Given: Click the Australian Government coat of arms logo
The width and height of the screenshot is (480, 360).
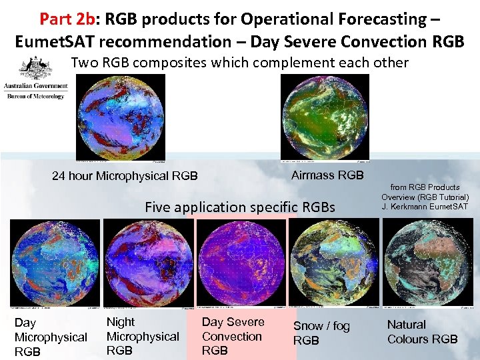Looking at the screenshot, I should tap(36, 69).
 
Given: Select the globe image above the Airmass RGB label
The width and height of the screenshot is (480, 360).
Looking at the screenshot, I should tap(325, 117).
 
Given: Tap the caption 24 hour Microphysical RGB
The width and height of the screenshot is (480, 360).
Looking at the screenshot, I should tap(125, 176).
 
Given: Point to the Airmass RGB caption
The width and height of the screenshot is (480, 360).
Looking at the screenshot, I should tap(327, 175).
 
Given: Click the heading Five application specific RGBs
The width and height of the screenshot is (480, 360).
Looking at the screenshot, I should tap(240, 207).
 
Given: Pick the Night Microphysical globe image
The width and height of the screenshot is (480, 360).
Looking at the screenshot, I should tap(148, 263).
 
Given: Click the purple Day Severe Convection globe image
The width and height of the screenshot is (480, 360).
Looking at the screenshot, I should tap(242, 263).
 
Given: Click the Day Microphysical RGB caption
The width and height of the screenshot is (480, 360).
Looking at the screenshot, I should tap(50, 337).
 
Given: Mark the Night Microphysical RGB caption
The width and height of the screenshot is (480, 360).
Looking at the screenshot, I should tap(143, 336).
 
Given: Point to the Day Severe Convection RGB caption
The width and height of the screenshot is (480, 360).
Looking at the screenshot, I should tap(233, 336).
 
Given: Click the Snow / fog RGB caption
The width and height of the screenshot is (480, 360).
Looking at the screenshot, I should tap(322, 333).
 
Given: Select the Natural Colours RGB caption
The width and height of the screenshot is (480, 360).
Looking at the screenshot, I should tap(423, 332).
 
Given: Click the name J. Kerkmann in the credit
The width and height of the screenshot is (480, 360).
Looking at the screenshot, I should tap(404, 207).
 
